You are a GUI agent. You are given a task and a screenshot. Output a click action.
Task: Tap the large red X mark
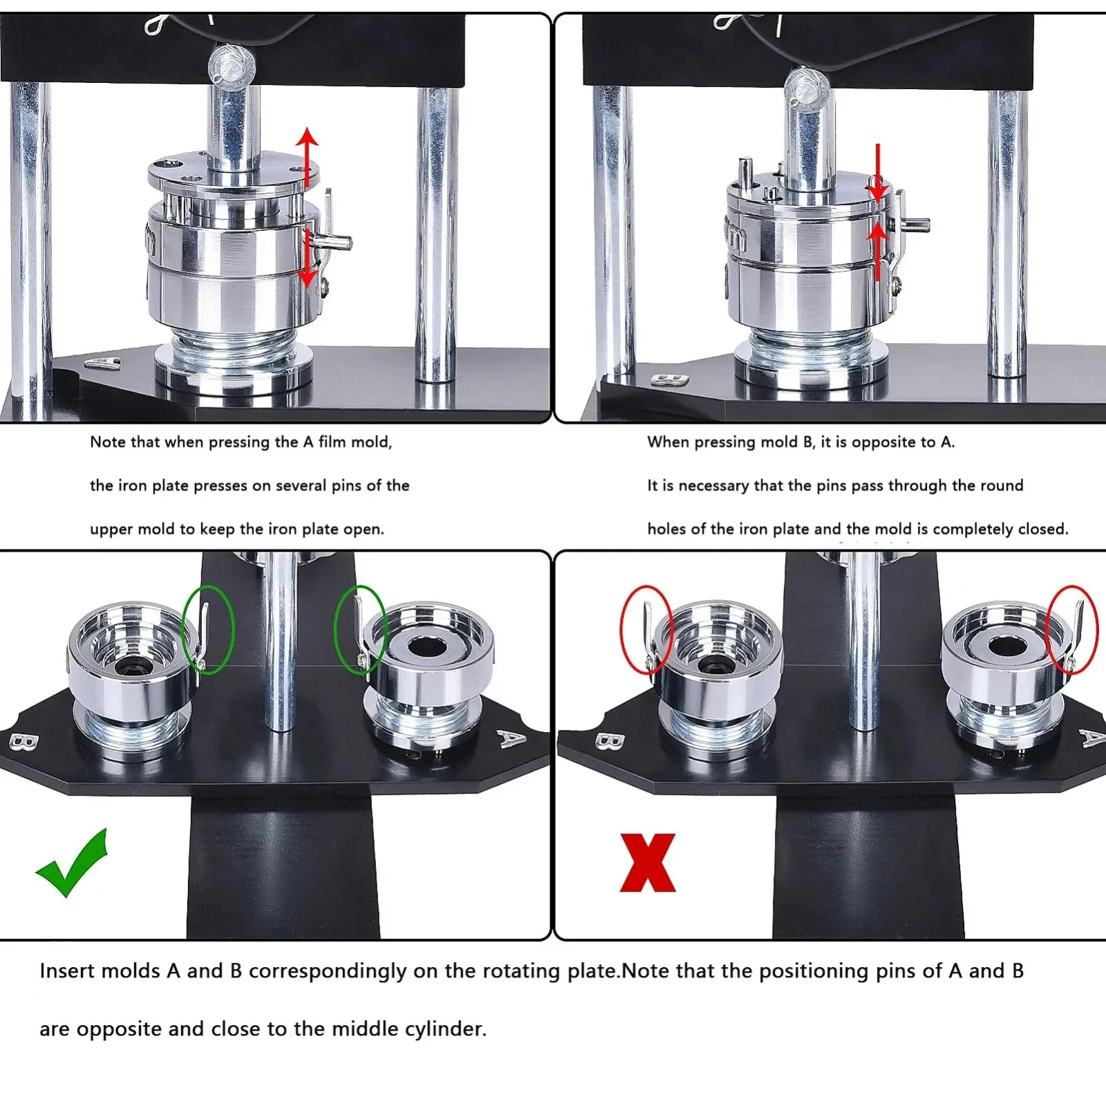click(x=648, y=862)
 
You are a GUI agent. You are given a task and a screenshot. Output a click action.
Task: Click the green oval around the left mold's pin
click(x=207, y=628)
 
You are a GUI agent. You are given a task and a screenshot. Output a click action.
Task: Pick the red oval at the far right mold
click(x=1071, y=628)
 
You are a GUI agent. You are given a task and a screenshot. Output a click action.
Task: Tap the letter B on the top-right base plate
click(x=670, y=379)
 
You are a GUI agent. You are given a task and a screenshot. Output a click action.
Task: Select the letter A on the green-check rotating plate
click(x=511, y=740)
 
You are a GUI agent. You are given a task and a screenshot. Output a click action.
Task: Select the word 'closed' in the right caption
click(x=1043, y=529)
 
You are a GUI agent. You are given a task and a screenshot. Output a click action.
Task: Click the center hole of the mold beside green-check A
click(x=422, y=647)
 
